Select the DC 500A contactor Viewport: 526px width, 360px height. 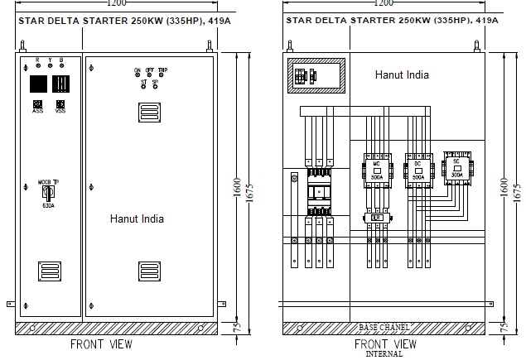tap(417, 170)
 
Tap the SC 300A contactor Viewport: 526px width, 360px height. tap(456, 169)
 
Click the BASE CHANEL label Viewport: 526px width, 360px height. tap(384, 328)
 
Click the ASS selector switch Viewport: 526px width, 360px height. tap(38, 104)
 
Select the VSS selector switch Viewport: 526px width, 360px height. tap(60, 104)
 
